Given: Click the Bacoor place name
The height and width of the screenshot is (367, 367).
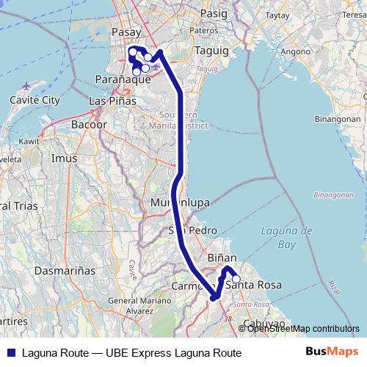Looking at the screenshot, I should click(89, 125).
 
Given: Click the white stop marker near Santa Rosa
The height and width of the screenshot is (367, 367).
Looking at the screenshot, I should click(236, 279).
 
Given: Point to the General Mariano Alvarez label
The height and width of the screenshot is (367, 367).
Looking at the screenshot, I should click(133, 305).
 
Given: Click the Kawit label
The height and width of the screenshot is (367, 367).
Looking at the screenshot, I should click(29, 139).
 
